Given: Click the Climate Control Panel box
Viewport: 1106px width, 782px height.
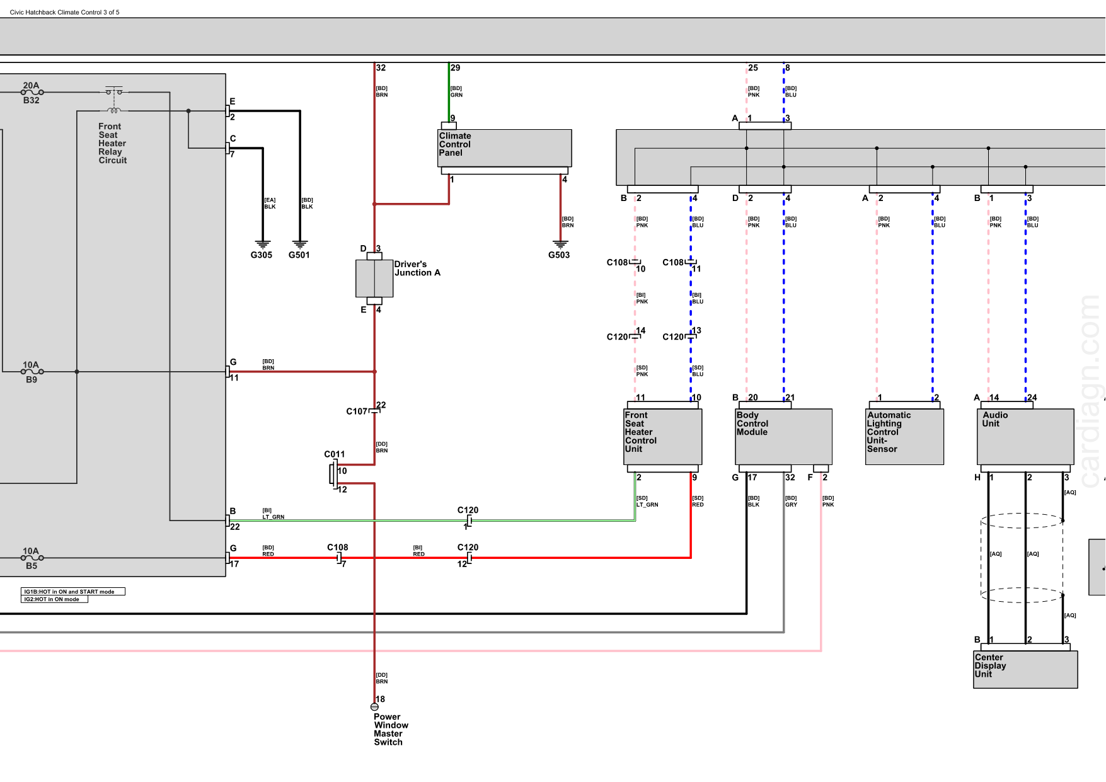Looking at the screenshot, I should point(504,148).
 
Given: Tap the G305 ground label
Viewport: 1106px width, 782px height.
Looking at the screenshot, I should point(262,255).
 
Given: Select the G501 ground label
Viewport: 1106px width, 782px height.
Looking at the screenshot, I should point(299,255).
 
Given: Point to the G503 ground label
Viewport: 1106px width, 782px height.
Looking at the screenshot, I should point(559,255).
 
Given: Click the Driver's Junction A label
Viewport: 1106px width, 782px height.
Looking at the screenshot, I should point(417,268).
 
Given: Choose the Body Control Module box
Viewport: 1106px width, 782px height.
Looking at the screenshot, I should point(783,437).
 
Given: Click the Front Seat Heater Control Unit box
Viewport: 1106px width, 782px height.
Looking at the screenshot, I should point(662,437).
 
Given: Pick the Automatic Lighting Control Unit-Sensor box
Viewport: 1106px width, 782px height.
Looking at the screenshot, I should point(904,437).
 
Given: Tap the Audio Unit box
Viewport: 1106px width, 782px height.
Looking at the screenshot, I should point(1025,437).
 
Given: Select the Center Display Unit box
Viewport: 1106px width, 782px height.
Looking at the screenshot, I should point(1025,669).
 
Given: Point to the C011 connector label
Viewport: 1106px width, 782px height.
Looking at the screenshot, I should point(334,454).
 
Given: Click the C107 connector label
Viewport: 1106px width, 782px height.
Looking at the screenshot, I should point(357,411).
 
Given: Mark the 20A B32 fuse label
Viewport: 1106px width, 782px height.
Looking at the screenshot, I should point(31,93).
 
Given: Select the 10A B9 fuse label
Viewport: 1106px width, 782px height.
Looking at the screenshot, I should point(31,372).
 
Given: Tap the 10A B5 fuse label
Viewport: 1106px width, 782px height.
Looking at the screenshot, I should point(31,558).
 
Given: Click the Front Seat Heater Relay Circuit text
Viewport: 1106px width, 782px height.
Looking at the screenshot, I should point(112,144).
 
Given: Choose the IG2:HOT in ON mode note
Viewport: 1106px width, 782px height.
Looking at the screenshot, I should point(54,599).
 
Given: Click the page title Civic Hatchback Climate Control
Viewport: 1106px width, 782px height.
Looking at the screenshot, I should point(64,12).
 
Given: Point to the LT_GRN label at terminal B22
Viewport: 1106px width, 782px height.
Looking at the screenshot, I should point(273,517).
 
